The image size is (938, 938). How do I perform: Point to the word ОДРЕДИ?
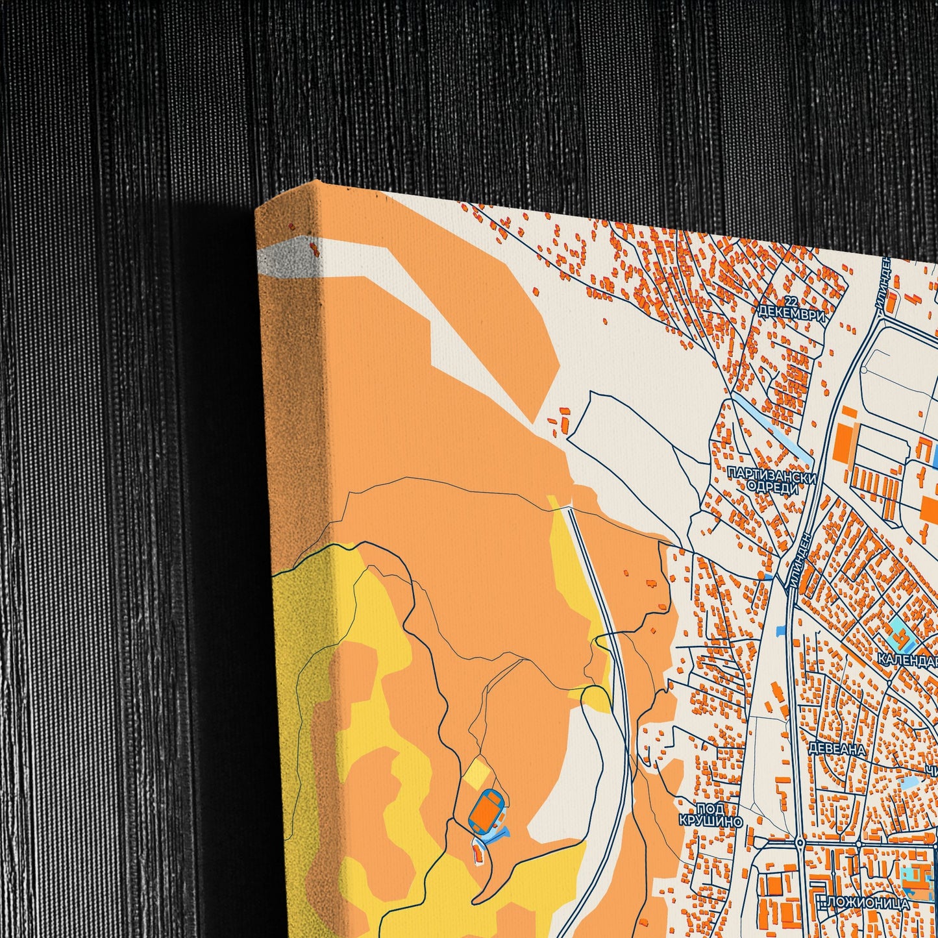click(x=772, y=488)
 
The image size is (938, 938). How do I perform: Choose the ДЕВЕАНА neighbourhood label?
click(x=837, y=749)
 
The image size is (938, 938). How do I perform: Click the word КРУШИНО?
click(x=711, y=821)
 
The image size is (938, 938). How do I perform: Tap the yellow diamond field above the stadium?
click(x=478, y=773)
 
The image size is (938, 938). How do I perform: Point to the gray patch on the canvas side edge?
click(x=286, y=260)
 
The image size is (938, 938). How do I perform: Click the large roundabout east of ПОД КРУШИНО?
click(x=799, y=843)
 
